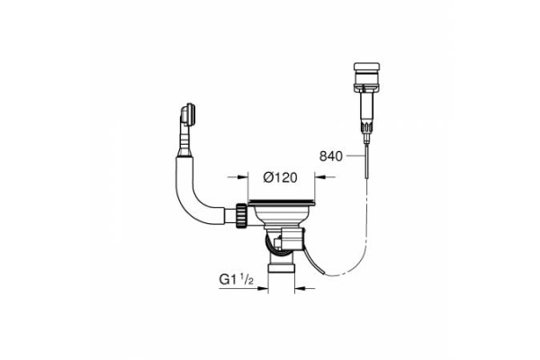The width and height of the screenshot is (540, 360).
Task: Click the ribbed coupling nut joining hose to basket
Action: (x=241, y=216)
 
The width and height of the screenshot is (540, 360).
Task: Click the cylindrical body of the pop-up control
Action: (x=366, y=106)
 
